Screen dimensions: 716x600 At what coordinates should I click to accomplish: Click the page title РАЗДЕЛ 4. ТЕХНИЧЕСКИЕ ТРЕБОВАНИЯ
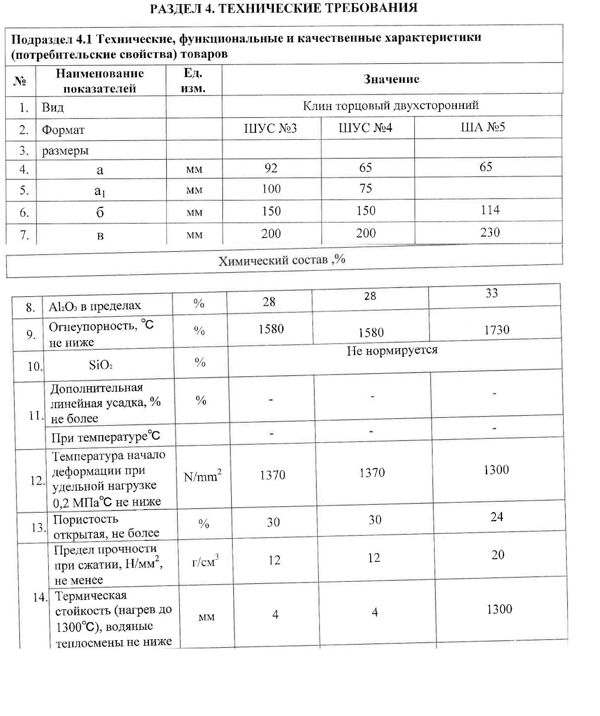click(x=283, y=8)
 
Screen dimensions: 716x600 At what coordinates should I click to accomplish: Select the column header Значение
click(x=391, y=79)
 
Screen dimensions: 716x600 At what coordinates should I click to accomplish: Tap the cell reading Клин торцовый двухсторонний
click(x=390, y=106)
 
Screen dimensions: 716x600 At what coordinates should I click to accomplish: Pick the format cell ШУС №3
click(x=271, y=128)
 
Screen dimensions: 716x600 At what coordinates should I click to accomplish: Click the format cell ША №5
click(x=483, y=127)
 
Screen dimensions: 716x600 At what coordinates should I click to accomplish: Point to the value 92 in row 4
click(x=271, y=168)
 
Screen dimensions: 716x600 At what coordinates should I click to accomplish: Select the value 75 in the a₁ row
click(x=366, y=189)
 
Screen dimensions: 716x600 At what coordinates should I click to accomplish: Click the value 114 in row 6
click(x=490, y=210)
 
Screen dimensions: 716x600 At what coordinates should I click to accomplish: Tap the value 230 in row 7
click(x=490, y=232)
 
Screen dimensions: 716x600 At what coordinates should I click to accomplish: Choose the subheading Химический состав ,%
click(x=282, y=261)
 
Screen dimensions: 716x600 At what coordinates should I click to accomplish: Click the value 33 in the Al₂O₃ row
click(x=491, y=293)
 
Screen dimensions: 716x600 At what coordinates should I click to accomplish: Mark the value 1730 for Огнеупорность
click(x=496, y=330)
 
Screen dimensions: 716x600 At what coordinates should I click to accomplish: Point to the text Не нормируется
click(x=392, y=351)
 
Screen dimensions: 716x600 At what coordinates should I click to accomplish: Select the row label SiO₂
click(x=100, y=365)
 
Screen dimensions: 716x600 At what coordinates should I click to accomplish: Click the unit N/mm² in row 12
click(x=202, y=477)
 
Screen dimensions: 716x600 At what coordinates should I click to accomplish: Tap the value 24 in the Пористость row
click(x=496, y=517)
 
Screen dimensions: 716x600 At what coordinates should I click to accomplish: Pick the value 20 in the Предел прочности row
click(x=498, y=555)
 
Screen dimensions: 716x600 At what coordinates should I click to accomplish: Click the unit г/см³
click(x=205, y=562)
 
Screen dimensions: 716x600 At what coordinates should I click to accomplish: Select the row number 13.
click(x=38, y=528)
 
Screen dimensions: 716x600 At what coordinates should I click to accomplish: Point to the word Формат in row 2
click(x=63, y=130)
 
